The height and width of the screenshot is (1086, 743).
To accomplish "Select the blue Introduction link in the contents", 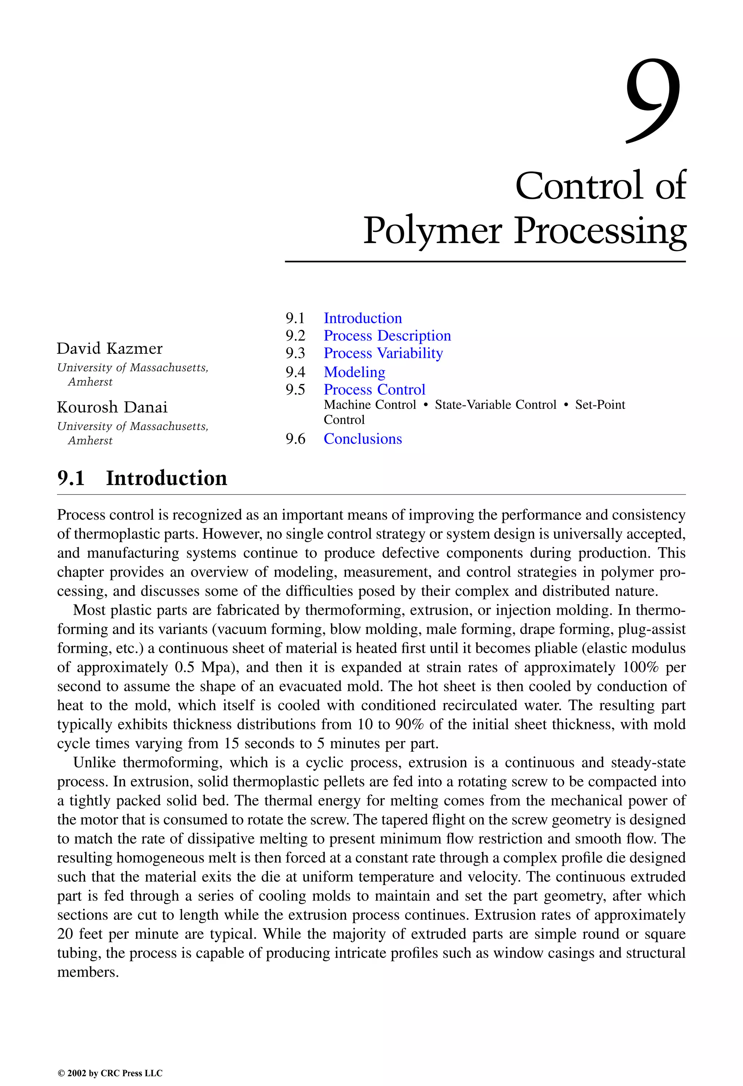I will click(x=363, y=318).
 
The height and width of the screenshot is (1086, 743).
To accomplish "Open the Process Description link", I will click(x=387, y=336).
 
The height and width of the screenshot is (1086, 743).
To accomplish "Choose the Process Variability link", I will click(x=383, y=353).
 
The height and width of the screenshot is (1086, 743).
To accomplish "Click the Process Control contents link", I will click(x=374, y=389).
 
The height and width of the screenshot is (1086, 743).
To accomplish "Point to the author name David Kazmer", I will click(x=109, y=349).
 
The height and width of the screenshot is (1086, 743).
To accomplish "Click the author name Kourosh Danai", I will click(x=112, y=407).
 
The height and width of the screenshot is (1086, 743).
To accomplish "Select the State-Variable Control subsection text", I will click(x=495, y=405).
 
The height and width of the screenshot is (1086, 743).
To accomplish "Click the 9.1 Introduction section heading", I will click(x=142, y=478).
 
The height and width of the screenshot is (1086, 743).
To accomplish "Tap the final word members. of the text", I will click(x=88, y=972).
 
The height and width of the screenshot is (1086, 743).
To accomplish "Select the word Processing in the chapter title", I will click(x=600, y=231).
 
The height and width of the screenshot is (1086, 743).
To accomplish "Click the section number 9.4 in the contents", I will click(x=295, y=372).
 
